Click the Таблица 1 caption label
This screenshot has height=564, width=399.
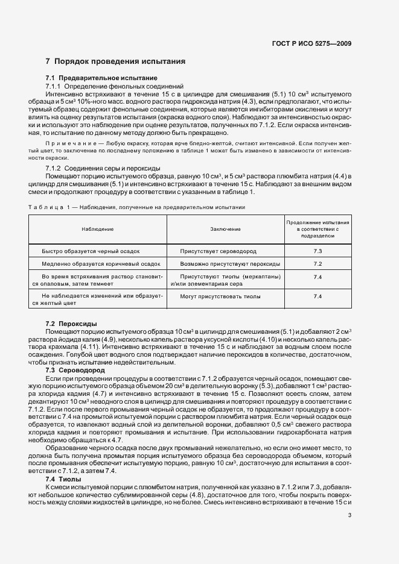point(49,207)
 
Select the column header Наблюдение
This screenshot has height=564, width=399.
point(97,229)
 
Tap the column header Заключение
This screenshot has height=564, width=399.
point(226,229)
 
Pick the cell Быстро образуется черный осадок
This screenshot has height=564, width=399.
point(91,251)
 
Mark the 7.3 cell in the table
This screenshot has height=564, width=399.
point(318,251)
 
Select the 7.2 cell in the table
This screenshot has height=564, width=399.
point(318,264)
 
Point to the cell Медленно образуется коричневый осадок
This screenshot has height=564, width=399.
point(101,264)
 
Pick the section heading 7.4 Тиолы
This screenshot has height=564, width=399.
point(63,462)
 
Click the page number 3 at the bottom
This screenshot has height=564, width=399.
point(350,515)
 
